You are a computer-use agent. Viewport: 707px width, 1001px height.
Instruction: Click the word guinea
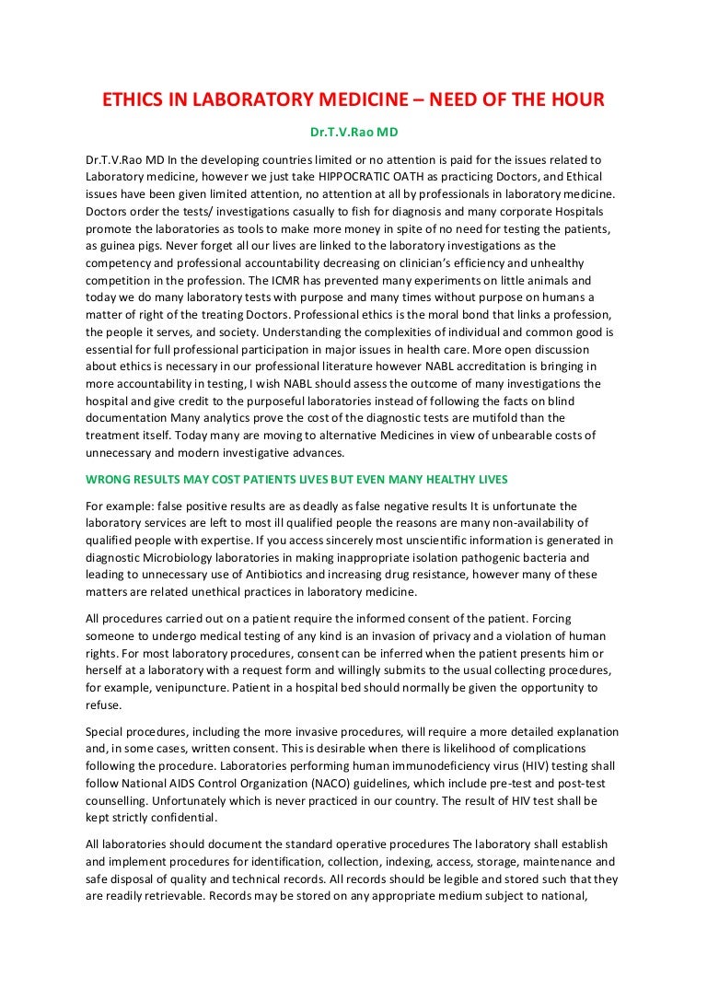(112, 246)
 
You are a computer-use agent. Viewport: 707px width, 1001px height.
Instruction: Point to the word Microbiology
(174, 557)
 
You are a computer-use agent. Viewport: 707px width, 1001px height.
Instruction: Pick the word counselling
(122, 801)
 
